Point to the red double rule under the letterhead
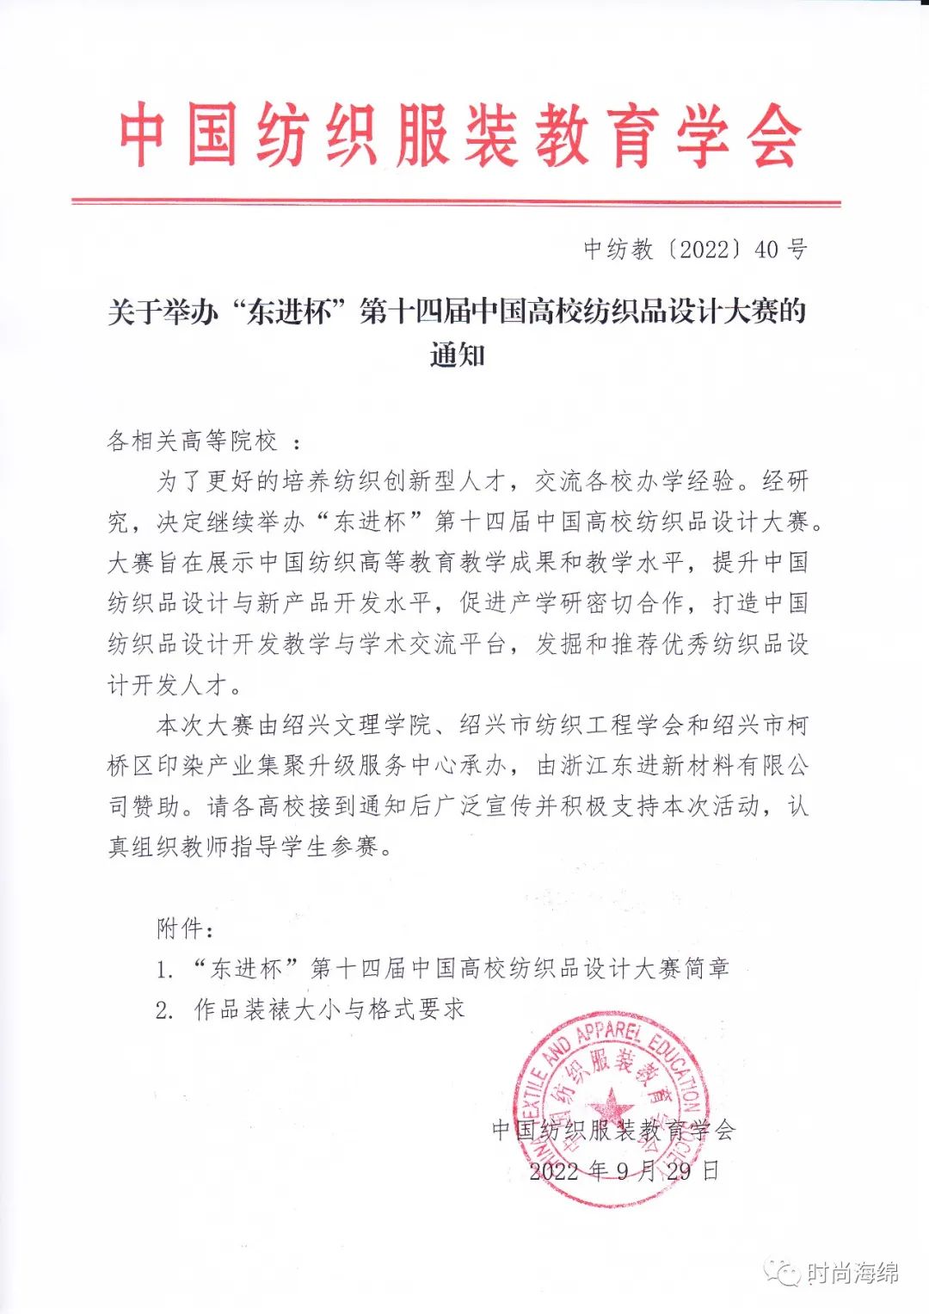point(456,203)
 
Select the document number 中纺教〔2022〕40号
point(695,250)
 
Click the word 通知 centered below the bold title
point(457,355)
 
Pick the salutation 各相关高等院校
point(193,441)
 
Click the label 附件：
point(185,928)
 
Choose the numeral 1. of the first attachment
point(164,970)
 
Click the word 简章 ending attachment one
point(706,969)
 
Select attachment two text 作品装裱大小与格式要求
point(329,1009)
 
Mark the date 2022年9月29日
point(624,1171)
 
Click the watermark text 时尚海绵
point(853,1273)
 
